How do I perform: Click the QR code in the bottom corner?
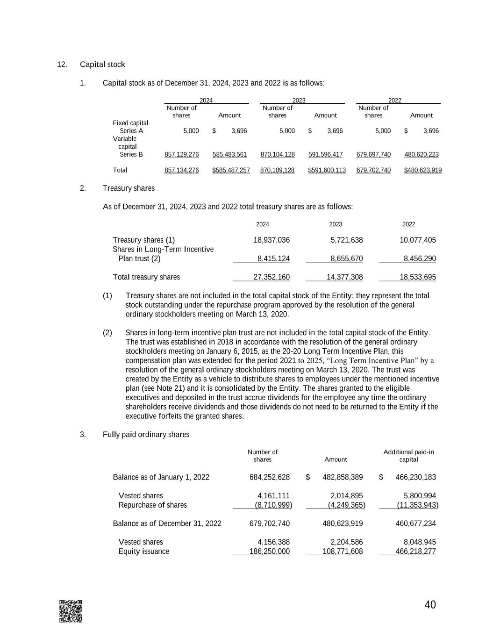[71, 611]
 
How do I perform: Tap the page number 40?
[430, 605]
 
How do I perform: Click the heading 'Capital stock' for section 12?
[102, 65]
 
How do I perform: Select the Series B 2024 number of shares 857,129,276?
[182, 155]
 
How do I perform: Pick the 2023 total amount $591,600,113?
[327, 170]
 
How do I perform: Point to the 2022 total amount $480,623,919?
[422, 170]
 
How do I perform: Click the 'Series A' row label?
[131, 131]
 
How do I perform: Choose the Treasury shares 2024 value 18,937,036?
[271, 240]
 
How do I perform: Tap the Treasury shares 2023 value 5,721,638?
[346, 240]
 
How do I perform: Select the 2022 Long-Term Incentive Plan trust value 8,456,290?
[420, 259]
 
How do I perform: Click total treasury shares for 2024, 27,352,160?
[271, 277]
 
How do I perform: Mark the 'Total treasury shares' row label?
[146, 277]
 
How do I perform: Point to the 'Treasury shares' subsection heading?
[129, 188]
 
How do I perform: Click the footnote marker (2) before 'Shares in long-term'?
[107, 333]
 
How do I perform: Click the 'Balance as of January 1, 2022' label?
[161, 477]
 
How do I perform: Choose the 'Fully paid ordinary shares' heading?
[146, 435]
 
